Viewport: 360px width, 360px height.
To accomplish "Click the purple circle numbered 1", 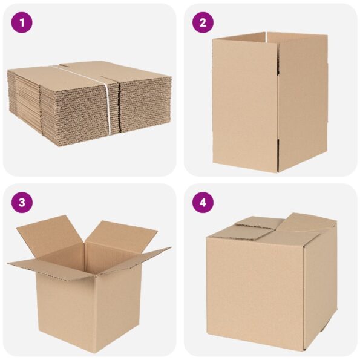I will [22, 23].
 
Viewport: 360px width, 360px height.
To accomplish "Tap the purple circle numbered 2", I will [203, 23].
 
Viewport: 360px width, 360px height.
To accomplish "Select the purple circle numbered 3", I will [22, 202].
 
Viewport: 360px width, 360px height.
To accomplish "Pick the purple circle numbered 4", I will [203, 202].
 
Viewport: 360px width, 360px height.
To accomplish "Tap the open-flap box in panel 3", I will [88, 278].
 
